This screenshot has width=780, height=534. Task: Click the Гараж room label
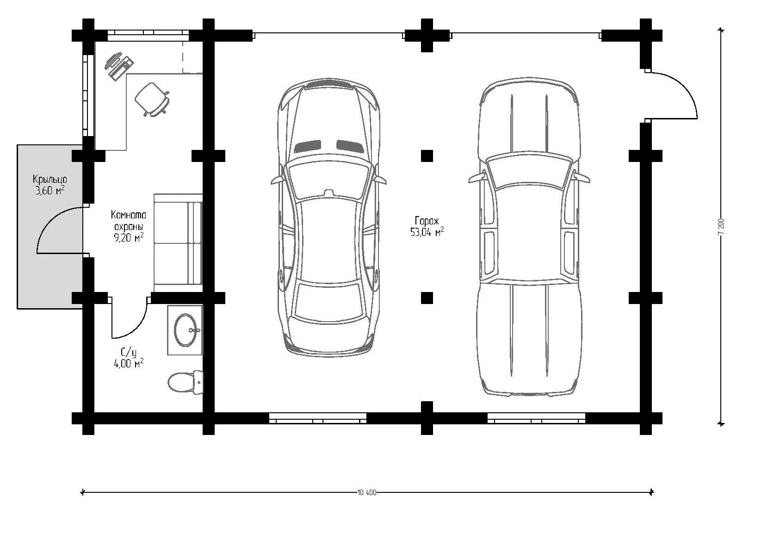(x=427, y=221)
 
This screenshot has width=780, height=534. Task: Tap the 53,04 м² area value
(x=427, y=232)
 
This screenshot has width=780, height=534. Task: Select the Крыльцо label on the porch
(x=50, y=180)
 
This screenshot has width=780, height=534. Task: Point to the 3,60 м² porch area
(x=50, y=191)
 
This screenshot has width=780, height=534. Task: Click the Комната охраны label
(x=129, y=221)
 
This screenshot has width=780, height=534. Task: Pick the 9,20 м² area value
(x=129, y=238)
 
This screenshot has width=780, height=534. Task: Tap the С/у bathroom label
(x=129, y=353)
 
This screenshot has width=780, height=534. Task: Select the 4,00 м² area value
(x=129, y=364)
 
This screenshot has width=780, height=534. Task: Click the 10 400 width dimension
(x=367, y=492)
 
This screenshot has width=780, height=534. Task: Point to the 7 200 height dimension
(x=721, y=226)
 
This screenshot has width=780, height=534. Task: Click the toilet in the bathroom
(x=186, y=383)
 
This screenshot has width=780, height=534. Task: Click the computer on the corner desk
(x=119, y=66)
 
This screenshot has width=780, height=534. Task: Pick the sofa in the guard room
(x=178, y=243)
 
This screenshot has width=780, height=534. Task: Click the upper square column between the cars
(x=427, y=155)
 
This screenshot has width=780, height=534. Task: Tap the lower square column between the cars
(x=427, y=298)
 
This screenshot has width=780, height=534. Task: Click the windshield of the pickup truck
(x=529, y=173)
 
